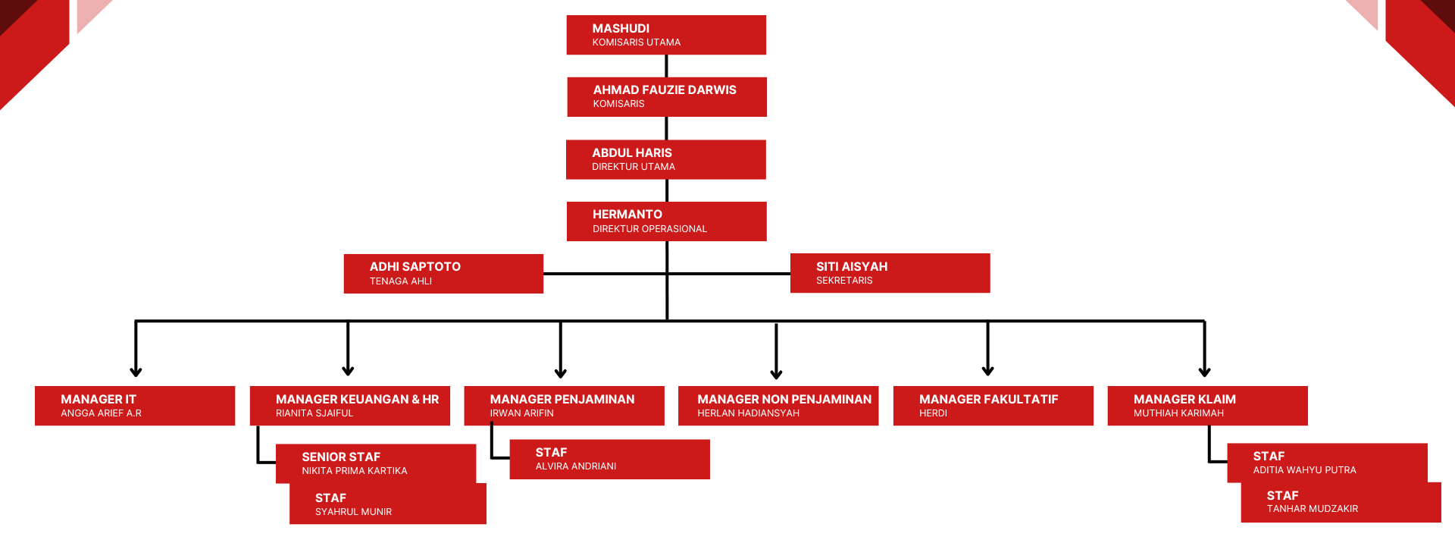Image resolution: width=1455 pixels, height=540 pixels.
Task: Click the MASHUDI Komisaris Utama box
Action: (x=666, y=35)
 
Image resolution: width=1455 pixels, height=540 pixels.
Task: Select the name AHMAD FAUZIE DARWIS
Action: (x=665, y=89)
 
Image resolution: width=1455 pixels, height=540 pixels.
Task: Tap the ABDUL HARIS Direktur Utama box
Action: (x=665, y=159)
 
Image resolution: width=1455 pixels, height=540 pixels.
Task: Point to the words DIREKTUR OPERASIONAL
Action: (x=649, y=229)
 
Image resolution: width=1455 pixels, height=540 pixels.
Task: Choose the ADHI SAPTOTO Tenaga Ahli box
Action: (x=443, y=274)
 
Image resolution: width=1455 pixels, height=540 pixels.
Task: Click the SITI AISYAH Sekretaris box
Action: (x=890, y=273)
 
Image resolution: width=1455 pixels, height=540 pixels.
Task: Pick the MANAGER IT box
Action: (x=135, y=406)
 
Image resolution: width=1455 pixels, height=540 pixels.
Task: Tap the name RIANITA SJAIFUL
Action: (x=314, y=413)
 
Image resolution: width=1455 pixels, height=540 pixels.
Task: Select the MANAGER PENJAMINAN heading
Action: (x=562, y=399)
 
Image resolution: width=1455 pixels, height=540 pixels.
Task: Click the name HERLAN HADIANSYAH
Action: (x=748, y=413)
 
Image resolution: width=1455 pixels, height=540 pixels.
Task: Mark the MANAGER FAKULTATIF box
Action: (x=993, y=406)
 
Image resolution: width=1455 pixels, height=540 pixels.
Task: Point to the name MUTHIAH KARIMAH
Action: (x=1178, y=413)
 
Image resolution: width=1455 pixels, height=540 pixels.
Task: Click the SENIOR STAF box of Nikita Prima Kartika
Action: (x=376, y=463)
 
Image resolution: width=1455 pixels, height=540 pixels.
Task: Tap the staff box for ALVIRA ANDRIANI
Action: (x=609, y=459)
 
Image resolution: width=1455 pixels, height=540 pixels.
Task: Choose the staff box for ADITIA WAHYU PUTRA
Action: (x=1327, y=462)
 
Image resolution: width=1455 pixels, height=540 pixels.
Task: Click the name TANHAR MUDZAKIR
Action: (x=1312, y=509)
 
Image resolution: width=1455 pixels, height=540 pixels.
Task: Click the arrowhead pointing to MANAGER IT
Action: (x=136, y=372)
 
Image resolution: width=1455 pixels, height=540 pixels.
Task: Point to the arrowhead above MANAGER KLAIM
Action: (x=1204, y=372)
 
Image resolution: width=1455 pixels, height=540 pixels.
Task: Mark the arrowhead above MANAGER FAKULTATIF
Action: (x=987, y=371)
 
